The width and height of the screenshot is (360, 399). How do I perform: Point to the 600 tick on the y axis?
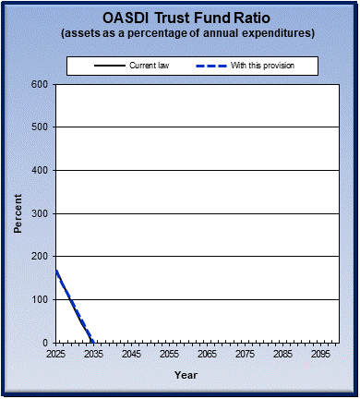point(39,84)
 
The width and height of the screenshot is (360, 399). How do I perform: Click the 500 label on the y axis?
point(39,127)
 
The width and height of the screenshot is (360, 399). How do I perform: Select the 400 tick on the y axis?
point(39,170)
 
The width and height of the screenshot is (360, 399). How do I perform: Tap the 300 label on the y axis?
point(39,213)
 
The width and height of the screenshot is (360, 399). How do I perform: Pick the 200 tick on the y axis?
point(39,256)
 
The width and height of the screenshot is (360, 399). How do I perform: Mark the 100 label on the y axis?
point(39,299)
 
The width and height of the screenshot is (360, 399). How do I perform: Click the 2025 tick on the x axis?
point(56,354)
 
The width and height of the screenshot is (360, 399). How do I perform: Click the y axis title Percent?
point(18,213)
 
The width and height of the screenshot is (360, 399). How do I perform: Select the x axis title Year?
point(186,375)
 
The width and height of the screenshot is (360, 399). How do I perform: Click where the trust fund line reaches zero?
point(93,342)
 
